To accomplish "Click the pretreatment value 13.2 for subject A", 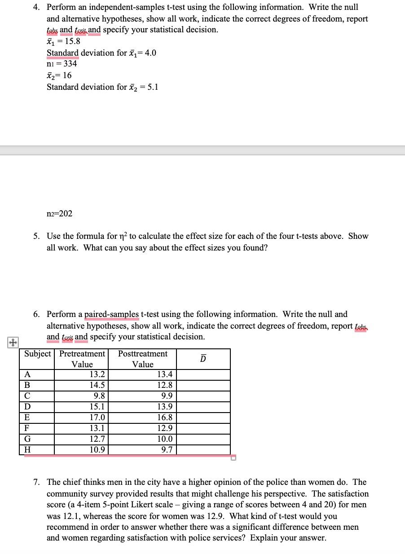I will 97,375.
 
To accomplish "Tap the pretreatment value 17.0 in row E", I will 97,418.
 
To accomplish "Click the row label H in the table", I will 27,450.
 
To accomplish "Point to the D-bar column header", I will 203,359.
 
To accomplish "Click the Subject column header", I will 37,354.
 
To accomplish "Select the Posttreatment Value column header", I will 143,359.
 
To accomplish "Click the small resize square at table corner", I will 233,457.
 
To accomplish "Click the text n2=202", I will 59,213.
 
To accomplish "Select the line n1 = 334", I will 62,64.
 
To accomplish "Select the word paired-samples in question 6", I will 111,314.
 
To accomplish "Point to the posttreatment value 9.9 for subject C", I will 167,396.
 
